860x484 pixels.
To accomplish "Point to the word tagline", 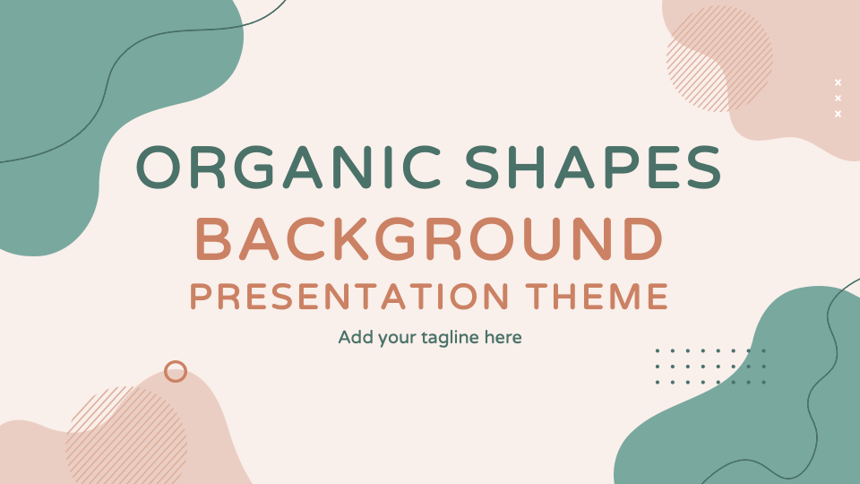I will (x=448, y=339).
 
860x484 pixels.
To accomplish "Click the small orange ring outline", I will (x=176, y=371).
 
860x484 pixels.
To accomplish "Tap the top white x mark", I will (x=838, y=82).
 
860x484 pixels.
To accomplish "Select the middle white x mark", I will (x=838, y=98).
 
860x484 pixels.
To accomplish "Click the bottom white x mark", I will (x=838, y=114).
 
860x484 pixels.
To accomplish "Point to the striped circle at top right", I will (x=719, y=58).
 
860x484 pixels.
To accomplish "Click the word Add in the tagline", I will (x=354, y=338).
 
